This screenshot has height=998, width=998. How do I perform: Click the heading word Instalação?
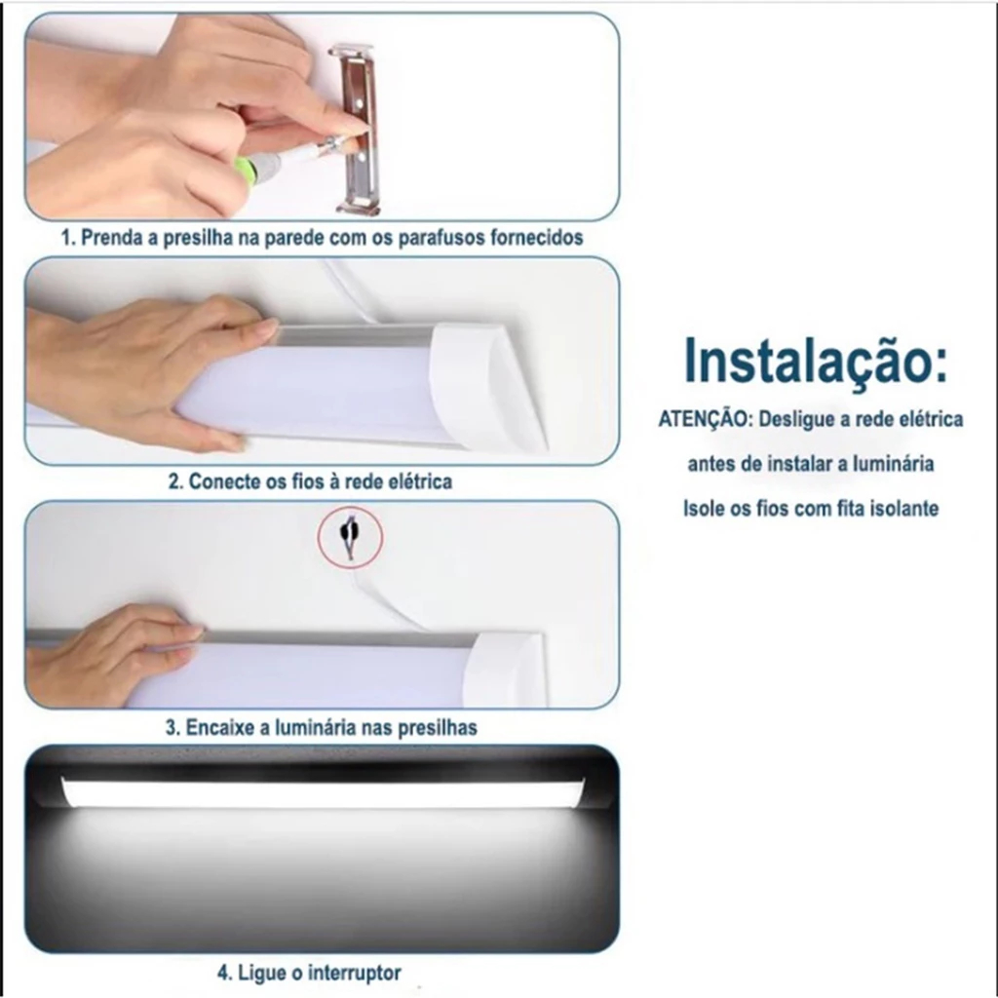pyautogui.click(x=814, y=361)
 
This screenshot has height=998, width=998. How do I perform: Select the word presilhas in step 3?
pyautogui.click(x=438, y=727)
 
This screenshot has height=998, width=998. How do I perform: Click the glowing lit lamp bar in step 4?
pyautogui.click(x=323, y=792)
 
